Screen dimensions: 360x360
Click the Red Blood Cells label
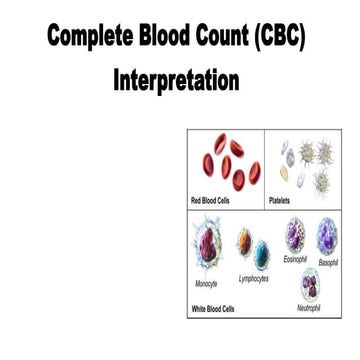click(216, 201)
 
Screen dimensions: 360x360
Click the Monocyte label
click(206, 283)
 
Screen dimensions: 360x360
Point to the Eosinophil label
click(295, 259)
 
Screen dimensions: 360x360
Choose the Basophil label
click(328, 262)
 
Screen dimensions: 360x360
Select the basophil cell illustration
click(328, 236)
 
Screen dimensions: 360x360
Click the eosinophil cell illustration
click(296, 235)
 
